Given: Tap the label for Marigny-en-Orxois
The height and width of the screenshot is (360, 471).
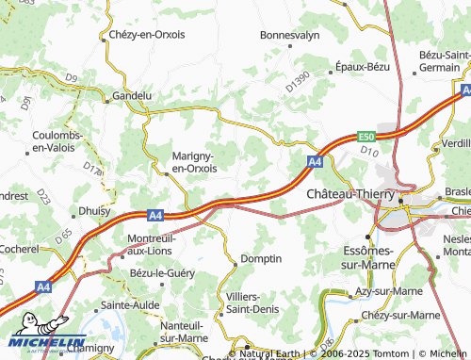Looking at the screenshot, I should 193,162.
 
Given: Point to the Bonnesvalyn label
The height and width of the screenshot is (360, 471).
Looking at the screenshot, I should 290,35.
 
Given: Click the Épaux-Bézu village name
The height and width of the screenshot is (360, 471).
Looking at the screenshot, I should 363,68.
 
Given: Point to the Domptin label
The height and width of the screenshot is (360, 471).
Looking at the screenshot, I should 261,258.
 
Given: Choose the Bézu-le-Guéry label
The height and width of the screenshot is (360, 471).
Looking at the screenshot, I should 163,273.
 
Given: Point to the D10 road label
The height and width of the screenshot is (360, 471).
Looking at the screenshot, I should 368,151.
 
